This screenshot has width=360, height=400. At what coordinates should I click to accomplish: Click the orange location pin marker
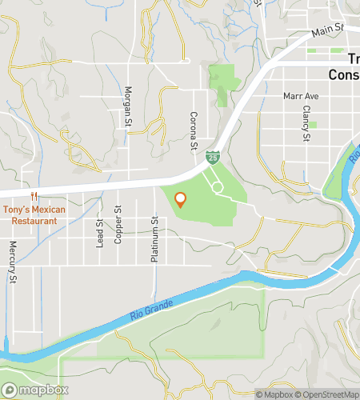181,200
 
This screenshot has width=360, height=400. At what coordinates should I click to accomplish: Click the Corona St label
193,130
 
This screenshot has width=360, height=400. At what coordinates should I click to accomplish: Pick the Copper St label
118,225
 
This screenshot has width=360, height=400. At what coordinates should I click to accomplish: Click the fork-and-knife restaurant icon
33,196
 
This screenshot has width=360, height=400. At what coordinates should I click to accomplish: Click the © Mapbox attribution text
274,394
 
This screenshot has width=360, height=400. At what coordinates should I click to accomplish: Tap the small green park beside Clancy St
312,125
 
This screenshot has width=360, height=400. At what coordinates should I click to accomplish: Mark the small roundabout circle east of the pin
217,186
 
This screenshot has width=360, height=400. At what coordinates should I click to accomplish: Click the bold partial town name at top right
344,67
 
